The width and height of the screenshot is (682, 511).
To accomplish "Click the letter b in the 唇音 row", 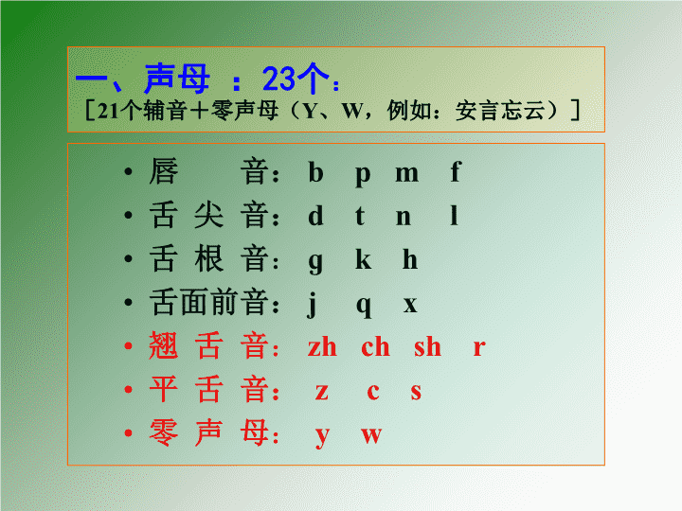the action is tap(315, 171).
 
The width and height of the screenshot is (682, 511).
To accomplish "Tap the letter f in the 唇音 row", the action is tap(455, 171).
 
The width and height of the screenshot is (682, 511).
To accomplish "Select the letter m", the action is tap(406, 174).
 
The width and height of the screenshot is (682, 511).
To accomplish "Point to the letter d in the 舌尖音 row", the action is tap(315, 215).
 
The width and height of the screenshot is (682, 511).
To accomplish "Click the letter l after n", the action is tap(454, 215).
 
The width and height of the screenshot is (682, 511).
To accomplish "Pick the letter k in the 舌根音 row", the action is tap(363, 259).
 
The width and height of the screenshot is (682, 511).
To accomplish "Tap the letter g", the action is tap(315, 263).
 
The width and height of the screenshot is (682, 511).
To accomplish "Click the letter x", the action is tap(410, 305).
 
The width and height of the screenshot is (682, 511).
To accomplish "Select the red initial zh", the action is tap(322, 346).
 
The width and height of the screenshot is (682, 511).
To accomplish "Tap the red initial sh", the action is tap(427, 346).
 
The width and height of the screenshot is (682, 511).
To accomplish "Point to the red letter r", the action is tap(479, 348).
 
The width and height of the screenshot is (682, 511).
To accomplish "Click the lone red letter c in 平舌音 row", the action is tap(373, 392).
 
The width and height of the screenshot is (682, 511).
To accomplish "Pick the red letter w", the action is tap(371, 436).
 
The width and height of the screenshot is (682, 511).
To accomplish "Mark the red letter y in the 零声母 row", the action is tap(322, 438).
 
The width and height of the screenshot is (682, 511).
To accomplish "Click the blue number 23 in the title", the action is tap(278, 79).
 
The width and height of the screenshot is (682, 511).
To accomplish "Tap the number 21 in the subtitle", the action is tap(108, 112).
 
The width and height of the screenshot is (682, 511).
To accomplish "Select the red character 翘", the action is tap(163, 345).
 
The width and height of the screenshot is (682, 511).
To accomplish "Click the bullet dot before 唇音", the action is tap(128, 172).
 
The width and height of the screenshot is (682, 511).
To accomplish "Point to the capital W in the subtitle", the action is tap(352, 112).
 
